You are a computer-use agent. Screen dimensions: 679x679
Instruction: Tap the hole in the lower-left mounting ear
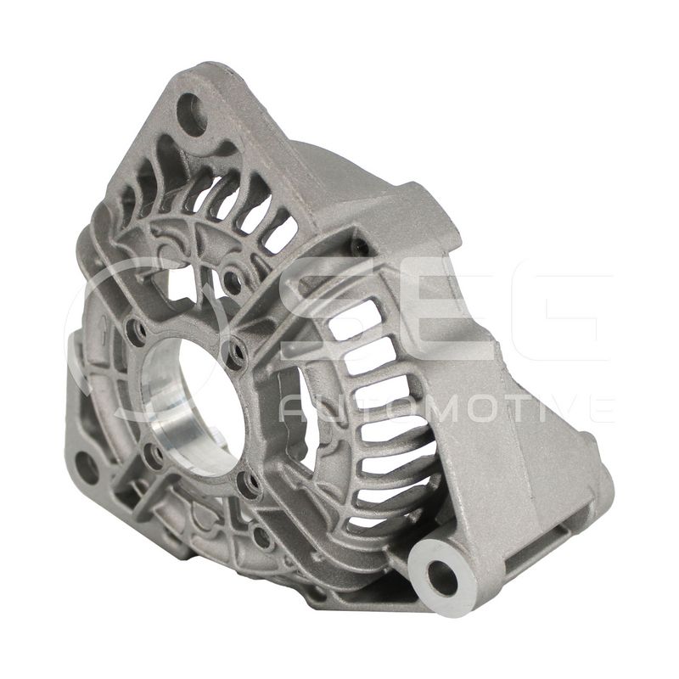86,466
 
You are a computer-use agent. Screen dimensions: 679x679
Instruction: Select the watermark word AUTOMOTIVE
446,408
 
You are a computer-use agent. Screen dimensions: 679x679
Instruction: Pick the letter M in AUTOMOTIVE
440,408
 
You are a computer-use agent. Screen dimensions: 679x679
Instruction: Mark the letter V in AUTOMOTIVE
562,408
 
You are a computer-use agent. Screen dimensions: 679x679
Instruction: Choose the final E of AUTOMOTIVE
599,408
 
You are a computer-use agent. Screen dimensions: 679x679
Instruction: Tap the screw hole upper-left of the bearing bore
133,328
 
